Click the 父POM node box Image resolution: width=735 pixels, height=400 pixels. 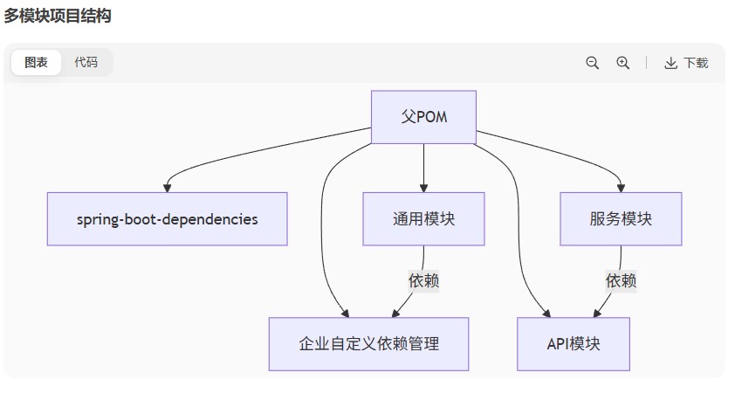click(423, 117)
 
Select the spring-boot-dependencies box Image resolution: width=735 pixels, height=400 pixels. click(167, 219)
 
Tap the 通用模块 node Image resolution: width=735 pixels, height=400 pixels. click(423, 219)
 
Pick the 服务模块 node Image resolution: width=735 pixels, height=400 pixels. click(621, 219)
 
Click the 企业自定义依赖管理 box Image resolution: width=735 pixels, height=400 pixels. click(368, 344)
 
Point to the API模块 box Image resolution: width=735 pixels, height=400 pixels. click(574, 344)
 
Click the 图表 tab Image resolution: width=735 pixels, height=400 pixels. click(36, 63)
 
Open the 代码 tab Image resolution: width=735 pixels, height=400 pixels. click(86, 63)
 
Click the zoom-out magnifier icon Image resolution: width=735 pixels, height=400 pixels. click(592, 63)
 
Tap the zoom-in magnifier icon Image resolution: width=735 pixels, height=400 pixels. click(622, 63)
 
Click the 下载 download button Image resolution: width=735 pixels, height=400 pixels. click(686, 63)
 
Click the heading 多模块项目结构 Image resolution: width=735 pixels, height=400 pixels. click(58, 16)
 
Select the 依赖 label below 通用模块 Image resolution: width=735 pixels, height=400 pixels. click(423, 280)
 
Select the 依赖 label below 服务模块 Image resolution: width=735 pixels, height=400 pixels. click(621, 280)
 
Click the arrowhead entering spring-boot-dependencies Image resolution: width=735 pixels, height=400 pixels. click(167, 188)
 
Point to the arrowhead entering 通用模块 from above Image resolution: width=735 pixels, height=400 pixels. click(423, 188)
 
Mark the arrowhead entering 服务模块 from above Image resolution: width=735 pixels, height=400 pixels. click(621, 188)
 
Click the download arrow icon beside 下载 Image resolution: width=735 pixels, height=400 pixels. click(670, 63)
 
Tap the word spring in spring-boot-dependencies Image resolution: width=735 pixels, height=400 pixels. click(97, 219)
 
